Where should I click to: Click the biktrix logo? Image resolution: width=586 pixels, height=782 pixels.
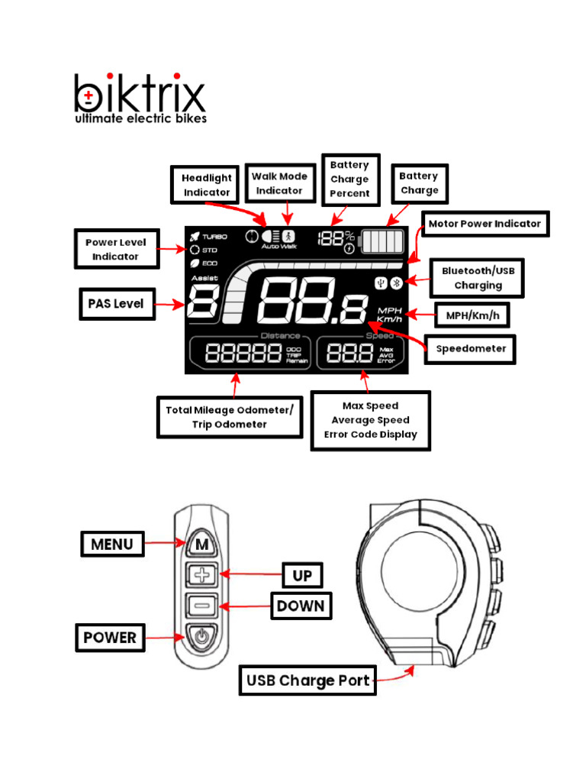tap(140, 98)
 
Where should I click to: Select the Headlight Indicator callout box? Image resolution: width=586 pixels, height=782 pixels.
tap(206, 186)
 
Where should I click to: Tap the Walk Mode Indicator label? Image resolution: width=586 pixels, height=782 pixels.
tap(280, 183)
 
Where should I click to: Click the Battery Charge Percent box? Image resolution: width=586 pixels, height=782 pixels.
tap(349, 179)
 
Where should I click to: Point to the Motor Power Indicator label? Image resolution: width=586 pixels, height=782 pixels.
tap(485, 224)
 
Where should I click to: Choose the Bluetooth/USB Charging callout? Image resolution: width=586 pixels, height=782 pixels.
tap(478, 278)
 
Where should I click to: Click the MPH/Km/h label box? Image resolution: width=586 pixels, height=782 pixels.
tap(472, 314)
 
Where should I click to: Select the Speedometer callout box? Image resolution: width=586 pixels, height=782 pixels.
tap(471, 349)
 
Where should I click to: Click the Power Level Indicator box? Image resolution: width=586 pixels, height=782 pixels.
tap(116, 249)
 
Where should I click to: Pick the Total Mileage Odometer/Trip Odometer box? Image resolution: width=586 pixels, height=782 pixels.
tap(228, 417)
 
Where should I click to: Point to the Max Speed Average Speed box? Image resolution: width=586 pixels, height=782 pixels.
tap(370, 420)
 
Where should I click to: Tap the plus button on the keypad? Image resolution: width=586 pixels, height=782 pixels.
tap(201, 575)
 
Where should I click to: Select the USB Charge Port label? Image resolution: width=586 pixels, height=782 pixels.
tap(308, 680)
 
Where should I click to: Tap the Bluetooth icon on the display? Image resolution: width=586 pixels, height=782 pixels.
tap(396, 283)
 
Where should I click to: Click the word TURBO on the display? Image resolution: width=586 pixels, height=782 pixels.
tap(214, 237)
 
